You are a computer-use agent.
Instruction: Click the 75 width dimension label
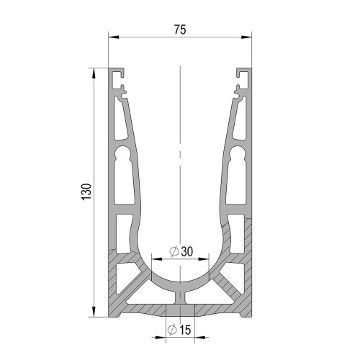pos(180,30)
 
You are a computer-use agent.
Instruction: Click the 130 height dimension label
pos(86,192)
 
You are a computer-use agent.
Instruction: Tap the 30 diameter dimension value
pos(187,251)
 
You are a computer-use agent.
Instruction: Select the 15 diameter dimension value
pos(185,330)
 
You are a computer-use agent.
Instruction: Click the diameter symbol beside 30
pos(174,251)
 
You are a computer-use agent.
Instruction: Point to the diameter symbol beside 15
pos(172,330)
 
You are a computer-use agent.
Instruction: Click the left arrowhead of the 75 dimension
pos(114,37)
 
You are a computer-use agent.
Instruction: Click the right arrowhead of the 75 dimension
pos(246,37)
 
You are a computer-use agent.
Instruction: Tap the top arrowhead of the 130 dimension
pos(94,73)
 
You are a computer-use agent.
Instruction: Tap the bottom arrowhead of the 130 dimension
pos(94,312)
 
